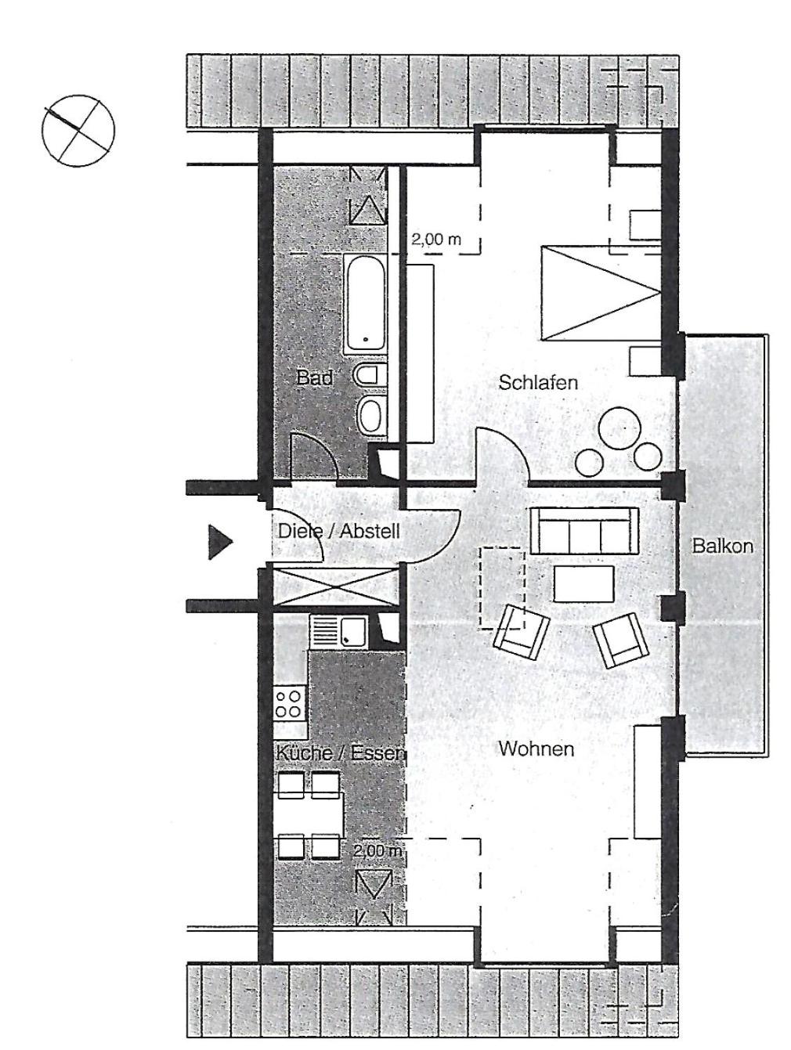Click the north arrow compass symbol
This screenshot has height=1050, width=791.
[78, 130]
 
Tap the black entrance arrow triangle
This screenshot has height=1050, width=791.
[219, 542]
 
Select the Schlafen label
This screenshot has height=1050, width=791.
[537, 382]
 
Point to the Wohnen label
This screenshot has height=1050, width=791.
[536, 749]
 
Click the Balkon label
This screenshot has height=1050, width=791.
[722, 546]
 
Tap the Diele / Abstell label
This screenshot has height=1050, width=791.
[338, 532]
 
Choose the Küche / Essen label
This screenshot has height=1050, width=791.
[340, 753]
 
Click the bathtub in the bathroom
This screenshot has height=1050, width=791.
[364, 304]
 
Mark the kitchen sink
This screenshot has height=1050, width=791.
[338, 630]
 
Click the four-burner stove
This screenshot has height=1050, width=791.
[289, 703]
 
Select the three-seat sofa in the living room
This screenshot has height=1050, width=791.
[584, 531]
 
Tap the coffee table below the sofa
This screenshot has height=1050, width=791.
[583, 583]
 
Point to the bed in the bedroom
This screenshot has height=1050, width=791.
[601, 293]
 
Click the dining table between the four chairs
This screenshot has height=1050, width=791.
[309, 816]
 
